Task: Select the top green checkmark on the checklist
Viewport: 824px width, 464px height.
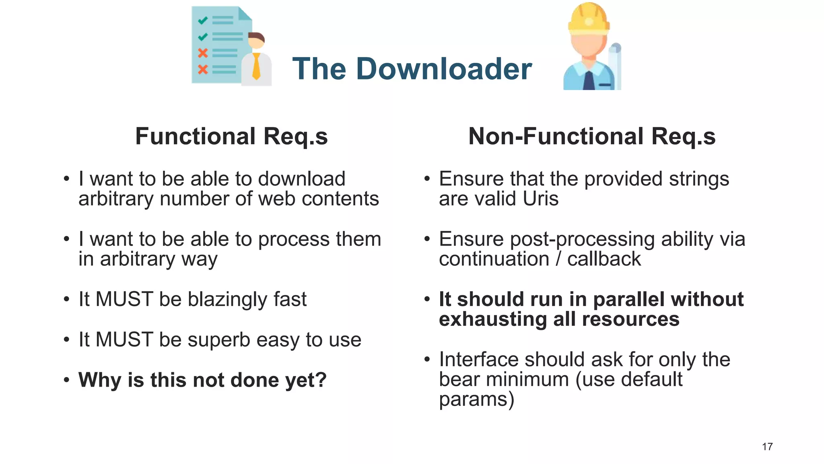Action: click(203, 20)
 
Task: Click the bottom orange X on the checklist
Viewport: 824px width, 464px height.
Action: click(203, 69)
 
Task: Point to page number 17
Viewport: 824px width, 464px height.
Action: click(767, 447)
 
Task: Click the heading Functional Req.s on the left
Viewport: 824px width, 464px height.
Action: click(231, 136)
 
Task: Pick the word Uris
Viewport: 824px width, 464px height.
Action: click(540, 199)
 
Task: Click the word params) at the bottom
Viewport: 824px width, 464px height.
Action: click(476, 400)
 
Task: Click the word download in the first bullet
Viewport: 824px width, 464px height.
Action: click(301, 179)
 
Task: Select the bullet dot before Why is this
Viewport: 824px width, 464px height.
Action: click(67, 379)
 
